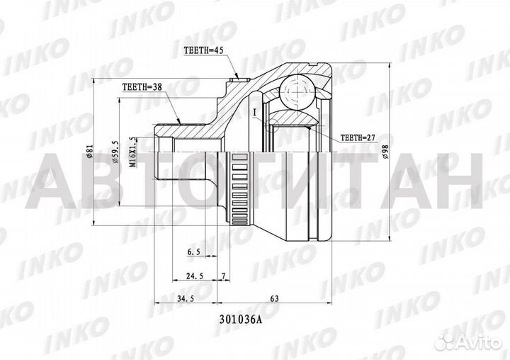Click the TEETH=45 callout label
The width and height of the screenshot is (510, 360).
[x=203, y=51]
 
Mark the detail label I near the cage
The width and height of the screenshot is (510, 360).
[x=253, y=111]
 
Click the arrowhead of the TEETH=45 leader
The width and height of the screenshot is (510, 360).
[x=237, y=76]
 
